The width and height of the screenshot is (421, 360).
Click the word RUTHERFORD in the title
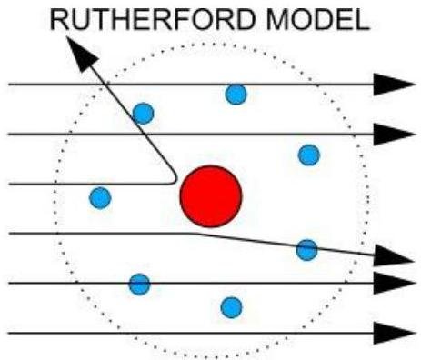pyautogui.click(x=152, y=19)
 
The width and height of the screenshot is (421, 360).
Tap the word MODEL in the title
pyautogui.click(x=317, y=19)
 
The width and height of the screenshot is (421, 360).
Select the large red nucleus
pyautogui.click(x=211, y=196)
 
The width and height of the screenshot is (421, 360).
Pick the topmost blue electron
pyautogui.click(x=236, y=95)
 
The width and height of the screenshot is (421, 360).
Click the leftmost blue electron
pyautogui.click(x=100, y=198)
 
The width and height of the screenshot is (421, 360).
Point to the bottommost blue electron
pyautogui.click(x=232, y=307)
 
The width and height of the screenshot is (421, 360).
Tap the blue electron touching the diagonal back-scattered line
pyautogui.click(x=144, y=114)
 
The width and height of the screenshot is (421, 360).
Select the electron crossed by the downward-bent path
pyautogui.click(x=306, y=250)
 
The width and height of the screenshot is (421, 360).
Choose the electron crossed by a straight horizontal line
pyautogui.click(x=139, y=285)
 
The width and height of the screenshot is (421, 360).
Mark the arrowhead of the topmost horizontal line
pyautogui.click(x=394, y=85)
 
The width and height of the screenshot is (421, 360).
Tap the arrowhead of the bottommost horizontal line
pyautogui.click(x=394, y=333)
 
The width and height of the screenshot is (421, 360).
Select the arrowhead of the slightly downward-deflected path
pyautogui.click(x=394, y=256)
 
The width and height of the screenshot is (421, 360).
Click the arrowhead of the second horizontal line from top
pyautogui.click(x=394, y=134)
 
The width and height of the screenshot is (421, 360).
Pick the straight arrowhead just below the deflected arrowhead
pyautogui.click(x=394, y=283)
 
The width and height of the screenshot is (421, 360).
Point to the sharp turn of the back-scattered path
pyautogui.click(x=175, y=181)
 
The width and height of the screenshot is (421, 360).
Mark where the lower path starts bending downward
pyautogui.click(x=194, y=234)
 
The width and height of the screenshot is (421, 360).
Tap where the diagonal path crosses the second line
pyautogui.click(x=143, y=134)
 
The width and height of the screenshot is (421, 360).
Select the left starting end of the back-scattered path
pyautogui.click(x=10, y=184)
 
